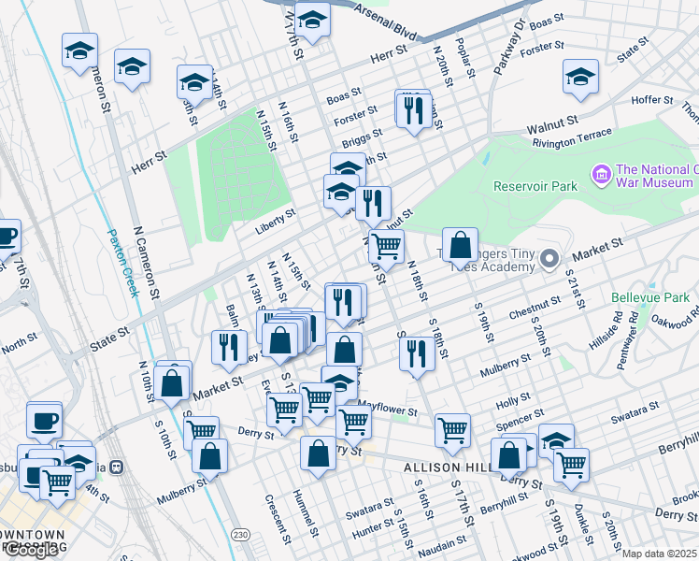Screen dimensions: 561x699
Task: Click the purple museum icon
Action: [600, 174]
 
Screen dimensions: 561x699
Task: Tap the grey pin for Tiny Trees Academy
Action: [551, 258]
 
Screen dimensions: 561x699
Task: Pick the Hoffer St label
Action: [652, 99]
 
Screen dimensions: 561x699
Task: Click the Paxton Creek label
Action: [122, 263]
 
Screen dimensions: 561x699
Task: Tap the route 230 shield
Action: [241, 534]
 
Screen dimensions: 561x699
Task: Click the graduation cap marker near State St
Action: [580, 78]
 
